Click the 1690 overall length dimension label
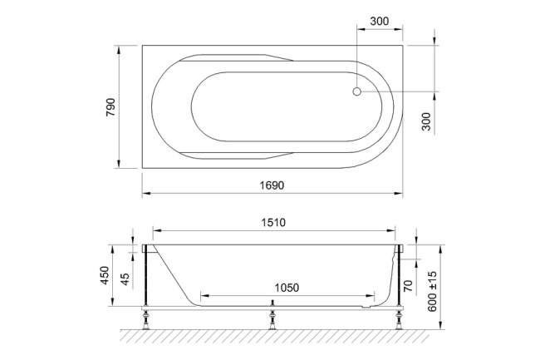click(272, 185)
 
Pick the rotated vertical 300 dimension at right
click(426, 122)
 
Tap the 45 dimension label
click(125, 278)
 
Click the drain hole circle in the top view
click(357, 91)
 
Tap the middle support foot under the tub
click(272, 318)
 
